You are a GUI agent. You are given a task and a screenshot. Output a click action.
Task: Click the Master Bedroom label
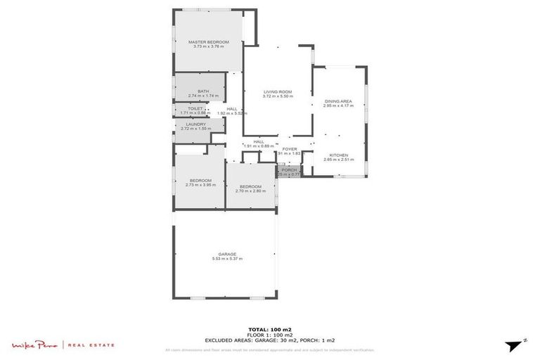[209, 42]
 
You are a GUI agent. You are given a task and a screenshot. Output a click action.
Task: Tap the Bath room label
[203, 91]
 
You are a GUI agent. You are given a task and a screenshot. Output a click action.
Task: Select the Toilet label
[195, 108]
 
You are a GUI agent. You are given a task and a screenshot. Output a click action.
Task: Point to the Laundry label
[195, 124]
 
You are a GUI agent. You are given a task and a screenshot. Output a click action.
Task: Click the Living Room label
[277, 92]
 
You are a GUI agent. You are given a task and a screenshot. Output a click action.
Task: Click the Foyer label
[290, 149]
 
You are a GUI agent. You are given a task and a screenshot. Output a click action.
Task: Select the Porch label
[289, 169]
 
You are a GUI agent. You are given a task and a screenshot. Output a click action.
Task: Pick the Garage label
[226, 254]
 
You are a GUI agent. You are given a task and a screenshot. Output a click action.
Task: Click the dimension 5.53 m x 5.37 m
[226, 259]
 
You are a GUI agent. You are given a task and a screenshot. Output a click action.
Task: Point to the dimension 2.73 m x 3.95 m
[200, 185]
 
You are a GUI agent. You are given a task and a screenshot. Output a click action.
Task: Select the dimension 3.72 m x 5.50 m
[277, 96]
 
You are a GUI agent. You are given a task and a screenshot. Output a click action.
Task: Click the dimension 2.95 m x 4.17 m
[338, 106]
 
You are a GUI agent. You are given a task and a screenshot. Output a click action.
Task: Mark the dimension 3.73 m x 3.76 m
[209, 46]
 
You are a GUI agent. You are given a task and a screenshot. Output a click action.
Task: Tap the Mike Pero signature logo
[36, 345]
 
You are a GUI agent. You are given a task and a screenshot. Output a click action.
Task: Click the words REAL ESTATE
[91, 345]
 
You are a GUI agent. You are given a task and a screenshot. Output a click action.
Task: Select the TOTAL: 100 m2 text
[270, 329]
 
